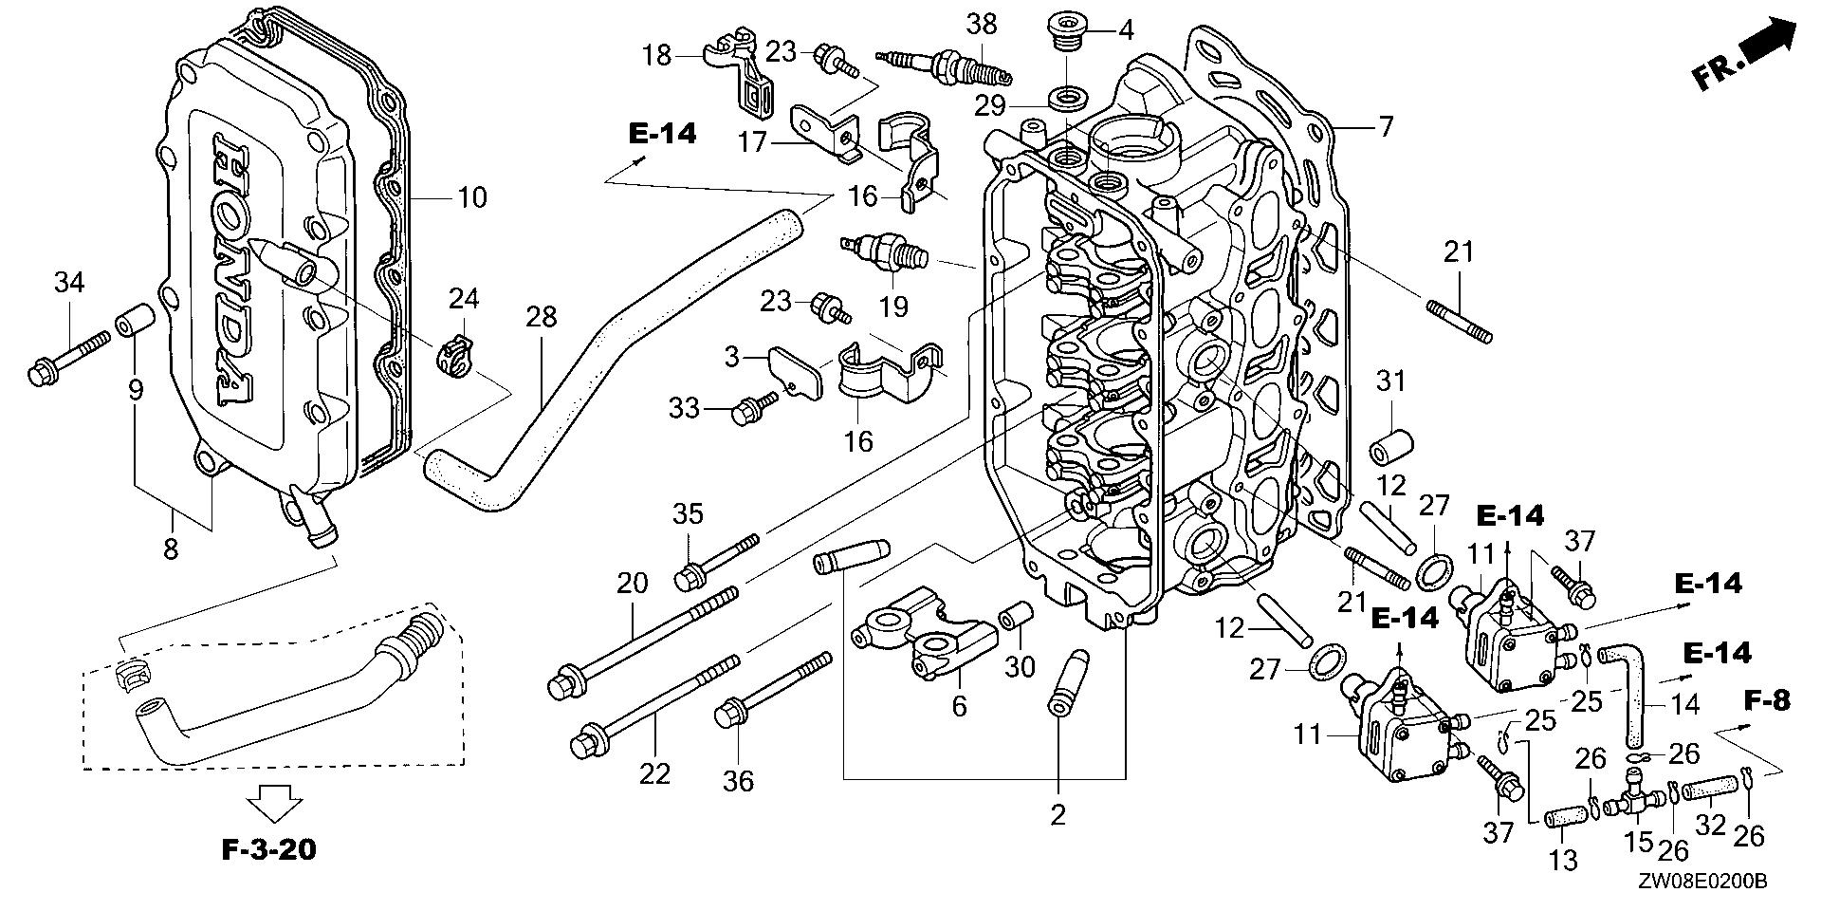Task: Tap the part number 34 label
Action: click(x=68, y=282)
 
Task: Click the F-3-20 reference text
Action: click(x=268, y=849)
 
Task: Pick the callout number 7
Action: click(x=1386, y=125)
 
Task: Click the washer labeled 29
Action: click(x=1067, y=98)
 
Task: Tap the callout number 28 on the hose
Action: click(x=542, y=317)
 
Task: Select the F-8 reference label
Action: click(x=1768, y=701)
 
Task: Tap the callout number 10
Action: click(x=471, y=197)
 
